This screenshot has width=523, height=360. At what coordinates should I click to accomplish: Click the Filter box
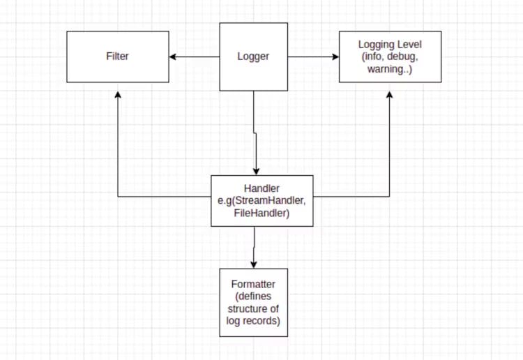pos(117,57)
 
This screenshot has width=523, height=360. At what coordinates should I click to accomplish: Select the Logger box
pos(253,57)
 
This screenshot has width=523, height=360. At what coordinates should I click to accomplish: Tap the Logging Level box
pos(390,57)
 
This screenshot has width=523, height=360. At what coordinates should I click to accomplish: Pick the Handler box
pos(262,201)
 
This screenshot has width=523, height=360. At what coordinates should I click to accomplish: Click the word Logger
pos(253,57)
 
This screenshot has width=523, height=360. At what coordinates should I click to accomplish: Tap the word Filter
pos(117,57)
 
